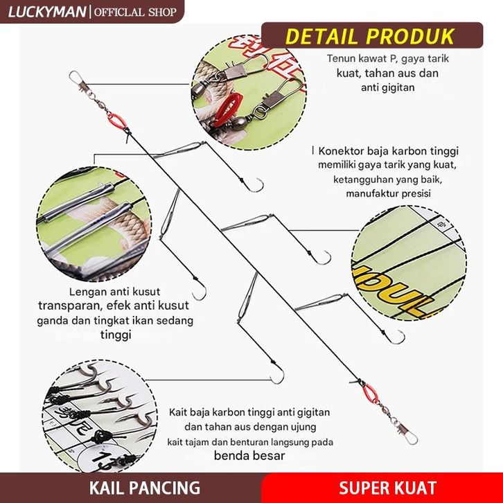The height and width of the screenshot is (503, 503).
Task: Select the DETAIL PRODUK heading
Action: (x=371, y=35)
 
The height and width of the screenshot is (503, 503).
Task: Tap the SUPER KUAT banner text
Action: (x=388, y=487)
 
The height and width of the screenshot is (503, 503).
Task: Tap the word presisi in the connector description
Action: (x=413, y=194)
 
